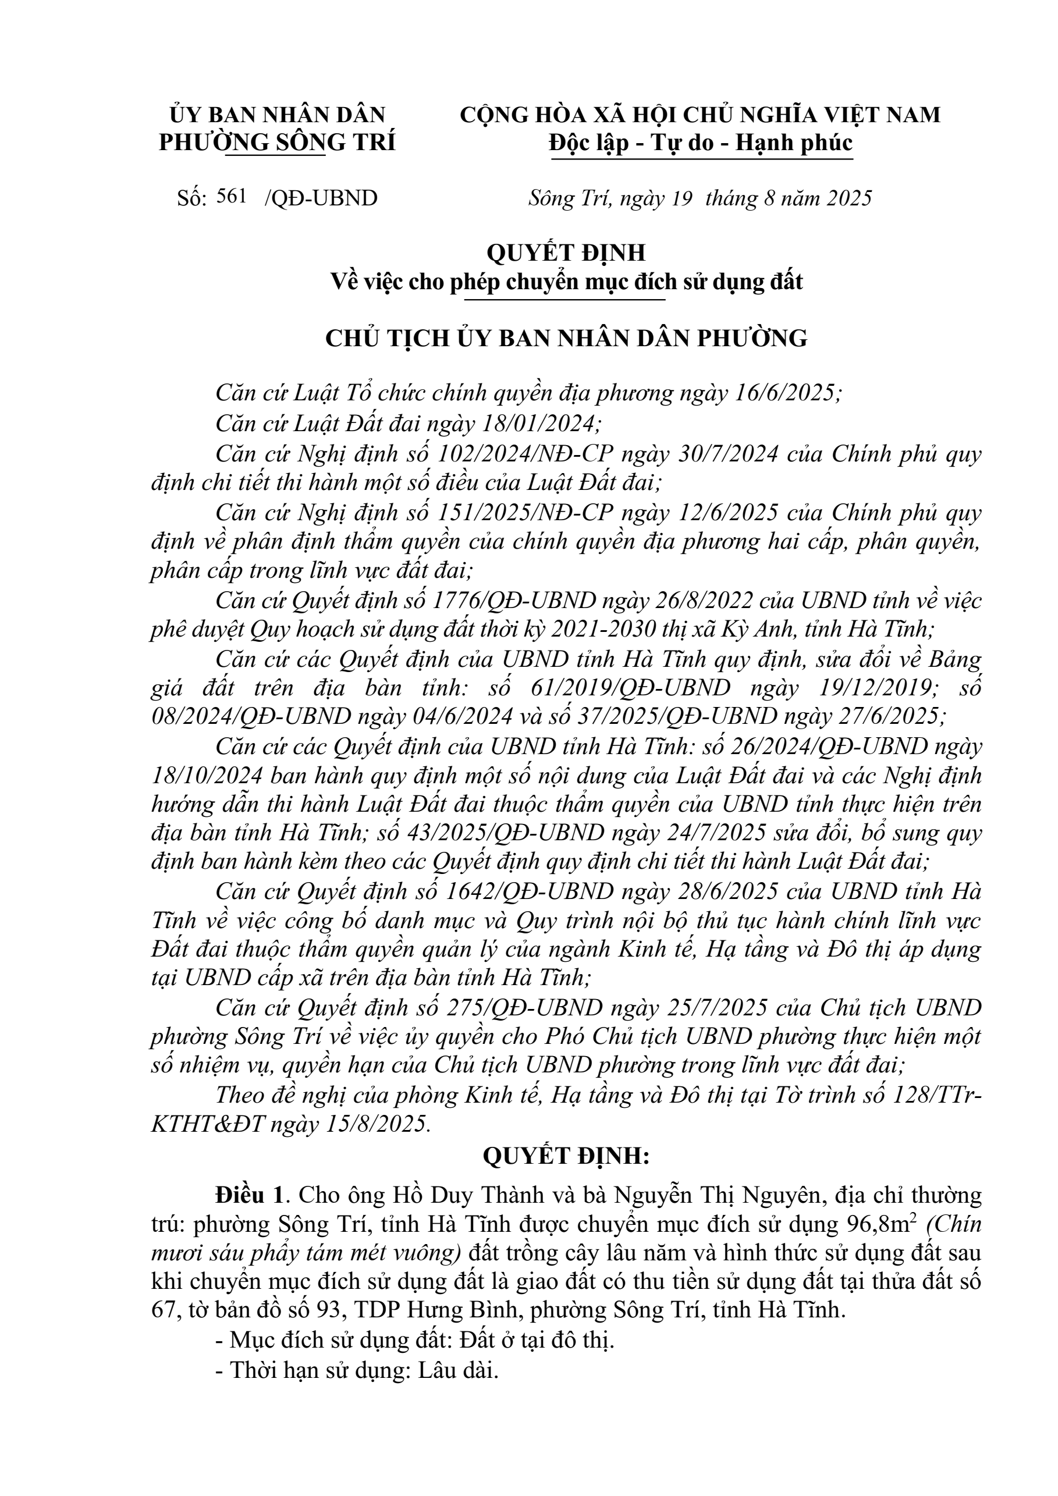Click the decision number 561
point(233,196)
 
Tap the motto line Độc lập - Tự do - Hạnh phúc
point(700,143)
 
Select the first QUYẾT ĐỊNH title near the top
point(566,252)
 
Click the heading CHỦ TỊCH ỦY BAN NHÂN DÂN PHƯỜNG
point(566,339)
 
